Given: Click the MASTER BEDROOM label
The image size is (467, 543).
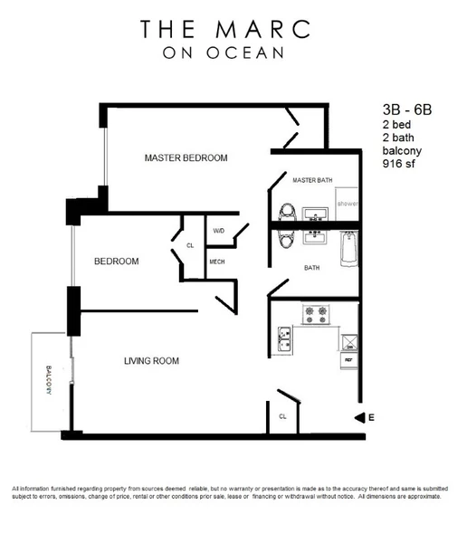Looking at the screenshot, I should [x=186, y=158].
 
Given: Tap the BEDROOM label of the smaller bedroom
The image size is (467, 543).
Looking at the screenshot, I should [x=117, y=262].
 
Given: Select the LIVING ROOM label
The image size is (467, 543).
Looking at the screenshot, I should [x=151, y=361].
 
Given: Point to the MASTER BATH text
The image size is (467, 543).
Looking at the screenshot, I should [x=312, y=181].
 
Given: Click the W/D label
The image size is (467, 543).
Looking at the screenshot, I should [x=218, y=231].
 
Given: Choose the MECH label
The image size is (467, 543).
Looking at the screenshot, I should [x=217, y=262].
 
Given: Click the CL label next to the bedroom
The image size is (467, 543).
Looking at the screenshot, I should [x=190, y=245].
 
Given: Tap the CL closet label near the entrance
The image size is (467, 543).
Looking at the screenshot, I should [x=282, y=417].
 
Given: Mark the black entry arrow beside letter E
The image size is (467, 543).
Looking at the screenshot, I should [x=359, y=417].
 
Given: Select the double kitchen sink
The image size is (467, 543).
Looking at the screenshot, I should [x=283, y=340].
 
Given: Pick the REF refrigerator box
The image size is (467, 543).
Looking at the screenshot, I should [x=348, y=360].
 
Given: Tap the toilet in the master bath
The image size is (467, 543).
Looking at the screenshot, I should [x=287, y=213].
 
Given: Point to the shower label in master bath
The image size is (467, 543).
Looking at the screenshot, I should [x=348, y=205].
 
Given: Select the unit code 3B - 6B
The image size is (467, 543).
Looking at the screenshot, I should [x=408, y=110].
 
